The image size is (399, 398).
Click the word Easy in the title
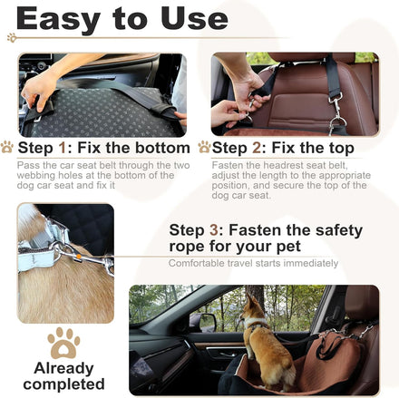(x=57, y=19)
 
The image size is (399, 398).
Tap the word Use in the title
(x=194, y=19)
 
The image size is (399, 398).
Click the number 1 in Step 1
(x=63, y=148)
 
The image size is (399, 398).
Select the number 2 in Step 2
(x=257, y=148)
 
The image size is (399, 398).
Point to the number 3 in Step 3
(x=214, y=230)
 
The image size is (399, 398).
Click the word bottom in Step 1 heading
(x=162, y=148)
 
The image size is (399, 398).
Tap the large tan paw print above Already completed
(x=63, y=343)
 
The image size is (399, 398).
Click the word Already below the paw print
(x=63, y=369)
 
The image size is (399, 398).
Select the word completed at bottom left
(x=63, y=384)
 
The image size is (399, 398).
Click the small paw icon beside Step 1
(x=7, y=147)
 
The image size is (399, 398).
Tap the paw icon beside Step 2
(x=204, y=147)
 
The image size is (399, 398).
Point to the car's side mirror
(x=203, y=323)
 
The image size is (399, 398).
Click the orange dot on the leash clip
(x=79, y=257)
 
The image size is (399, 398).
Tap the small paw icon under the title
(x=12, y=37)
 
